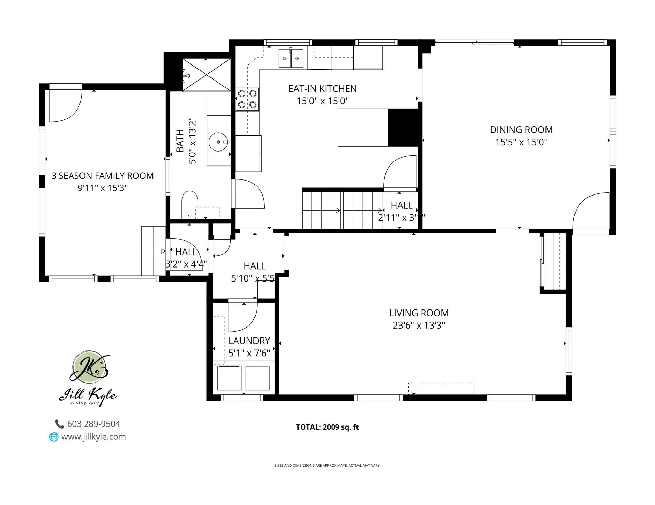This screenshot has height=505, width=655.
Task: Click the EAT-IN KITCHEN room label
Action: [x=322, y=89]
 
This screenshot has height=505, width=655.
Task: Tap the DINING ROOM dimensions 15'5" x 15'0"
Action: [x=521, y=142]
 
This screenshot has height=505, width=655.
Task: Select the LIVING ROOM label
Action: [x=419, y=313]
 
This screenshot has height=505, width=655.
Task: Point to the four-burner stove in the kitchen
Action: [x=247, y=99]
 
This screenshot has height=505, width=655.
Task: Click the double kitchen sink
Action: [x=291, y=59]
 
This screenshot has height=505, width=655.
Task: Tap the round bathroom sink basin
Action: [x=218, y=142]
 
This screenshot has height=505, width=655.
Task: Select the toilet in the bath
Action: [x=189, y=204]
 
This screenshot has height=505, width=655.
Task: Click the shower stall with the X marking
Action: [x=206, y=75]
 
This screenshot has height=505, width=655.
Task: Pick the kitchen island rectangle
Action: [x=363, y=128]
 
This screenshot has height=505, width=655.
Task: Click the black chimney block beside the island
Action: [x=403, y=128]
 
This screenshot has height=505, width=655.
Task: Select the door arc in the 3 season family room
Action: [x=65, y=106]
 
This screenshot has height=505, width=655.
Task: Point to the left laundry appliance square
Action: [x=229, y=378]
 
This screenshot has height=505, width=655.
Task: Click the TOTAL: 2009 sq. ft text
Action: [x=327, y=427]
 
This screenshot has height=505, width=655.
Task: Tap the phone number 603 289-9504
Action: [x=93, y=424]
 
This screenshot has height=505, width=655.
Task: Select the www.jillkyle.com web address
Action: [x=93, y=437]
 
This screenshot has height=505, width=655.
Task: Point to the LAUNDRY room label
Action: [x=249, y=341]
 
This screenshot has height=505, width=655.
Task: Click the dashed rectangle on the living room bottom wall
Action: [x=441, y=388]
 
